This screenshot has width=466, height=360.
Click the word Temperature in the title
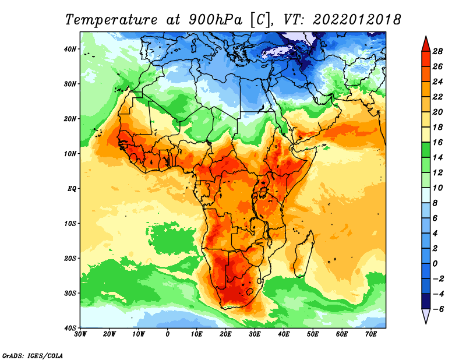click(111, 20)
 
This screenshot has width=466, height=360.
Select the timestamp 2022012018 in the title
click(357, 19)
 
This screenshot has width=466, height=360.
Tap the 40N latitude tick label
click(70, 49)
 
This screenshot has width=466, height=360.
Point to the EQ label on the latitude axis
click(72, 189)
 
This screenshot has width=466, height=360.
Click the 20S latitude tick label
click(70, 258)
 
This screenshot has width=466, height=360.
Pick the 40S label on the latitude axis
click(70, 328)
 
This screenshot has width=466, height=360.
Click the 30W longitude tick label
click(80, 334)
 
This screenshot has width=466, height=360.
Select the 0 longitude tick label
click(168, 334)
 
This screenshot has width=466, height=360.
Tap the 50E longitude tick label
click(313, 334)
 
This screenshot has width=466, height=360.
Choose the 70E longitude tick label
click(371, 334)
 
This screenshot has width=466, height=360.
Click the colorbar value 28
click(437, 51)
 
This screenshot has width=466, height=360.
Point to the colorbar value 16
click(437, 142)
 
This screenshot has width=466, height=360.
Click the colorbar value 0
click(435, 264)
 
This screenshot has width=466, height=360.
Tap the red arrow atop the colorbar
click(426, 44)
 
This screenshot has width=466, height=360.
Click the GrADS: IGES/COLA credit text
click(33, 355)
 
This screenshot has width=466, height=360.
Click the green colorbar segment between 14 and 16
click(426, 150)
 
